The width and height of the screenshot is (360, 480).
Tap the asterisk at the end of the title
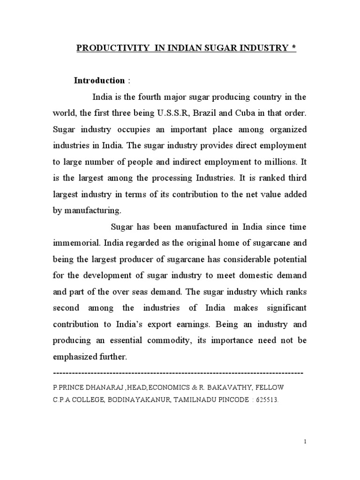(x=294, y=48)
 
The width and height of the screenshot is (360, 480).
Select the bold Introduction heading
(x=99, y=81)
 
